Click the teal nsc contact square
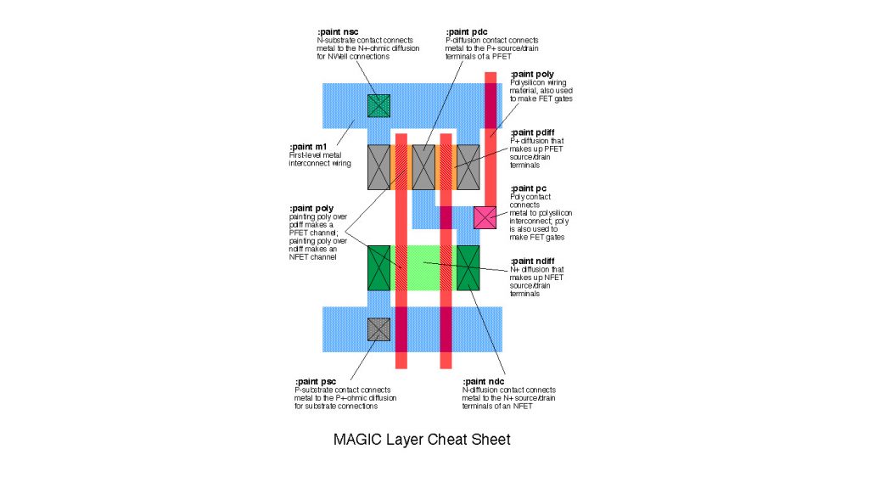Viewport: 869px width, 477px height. click(x=378, y=105)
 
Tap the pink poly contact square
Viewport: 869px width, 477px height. click(x=485, y=217)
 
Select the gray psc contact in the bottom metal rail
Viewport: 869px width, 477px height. click(x=378, y=329)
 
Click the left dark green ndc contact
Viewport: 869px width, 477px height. click(x=378, y=267)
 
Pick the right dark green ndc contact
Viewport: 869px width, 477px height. click(x=468, y=267)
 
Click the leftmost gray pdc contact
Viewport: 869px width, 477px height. click(x=378, y=166)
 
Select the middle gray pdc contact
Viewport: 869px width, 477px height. click(x=423, y=166)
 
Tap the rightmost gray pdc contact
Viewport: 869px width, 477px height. click(x=468, y=166)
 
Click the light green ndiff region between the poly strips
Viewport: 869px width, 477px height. click(x=423, y=267)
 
